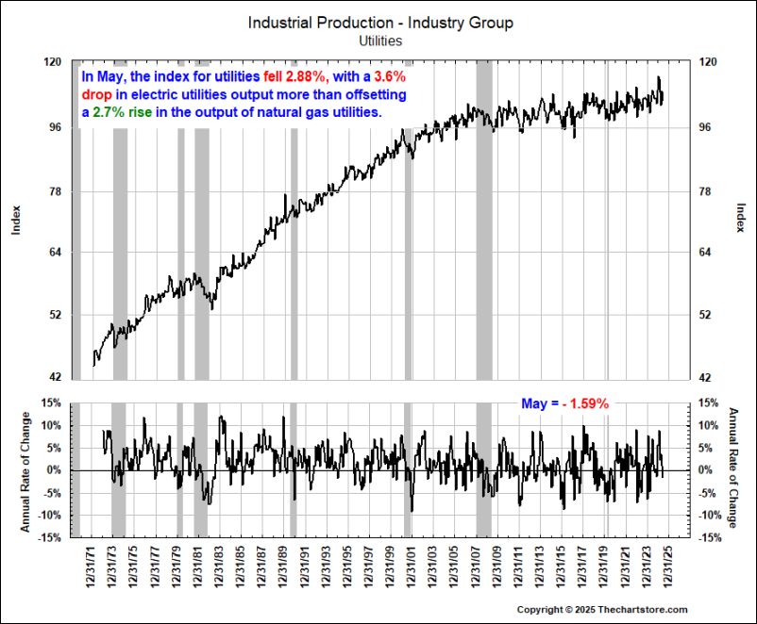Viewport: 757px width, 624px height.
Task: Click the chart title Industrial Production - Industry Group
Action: [380, 23]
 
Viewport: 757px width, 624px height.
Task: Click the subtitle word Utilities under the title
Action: [380, 41]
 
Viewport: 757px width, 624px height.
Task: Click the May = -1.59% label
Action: [564, 403]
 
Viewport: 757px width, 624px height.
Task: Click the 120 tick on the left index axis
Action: [53, 61]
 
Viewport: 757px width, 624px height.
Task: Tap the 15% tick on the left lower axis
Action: [51, 402]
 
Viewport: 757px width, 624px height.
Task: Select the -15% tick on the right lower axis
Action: [711, 538]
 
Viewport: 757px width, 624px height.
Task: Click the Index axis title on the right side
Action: [740, 219]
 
